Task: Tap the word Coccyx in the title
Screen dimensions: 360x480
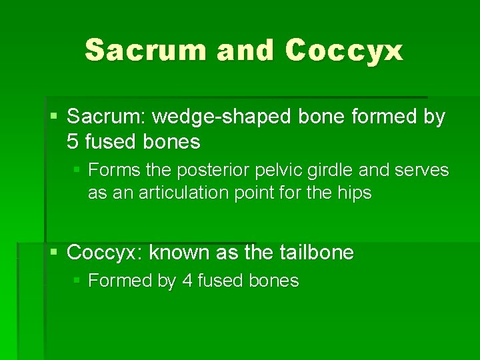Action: coord(344,50)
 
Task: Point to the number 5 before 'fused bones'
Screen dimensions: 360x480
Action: coord(73,141)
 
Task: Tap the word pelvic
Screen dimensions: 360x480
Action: coord(281,170)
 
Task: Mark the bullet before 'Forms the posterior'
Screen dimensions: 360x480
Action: coord(77,170)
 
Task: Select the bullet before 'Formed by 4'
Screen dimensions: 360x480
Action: coord(77,281)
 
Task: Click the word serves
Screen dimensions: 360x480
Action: coord(422,170)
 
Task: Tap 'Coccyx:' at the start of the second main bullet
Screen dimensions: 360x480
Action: coord(105,253)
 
